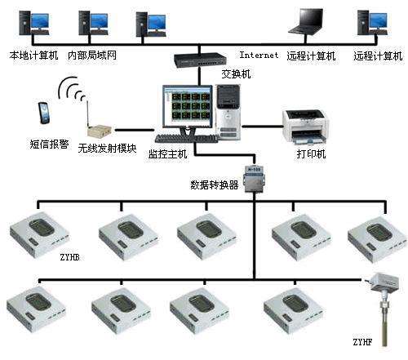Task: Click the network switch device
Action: click(x=200, y=60)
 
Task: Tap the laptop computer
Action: click(x=306, y=21)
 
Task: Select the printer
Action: click(x=305, y=127)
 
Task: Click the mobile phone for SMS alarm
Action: click(x=44, y=113)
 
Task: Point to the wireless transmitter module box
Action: click(x=99, y=131)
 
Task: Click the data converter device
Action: click(x=254, y=178)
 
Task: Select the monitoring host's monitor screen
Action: click(x=187, y=107)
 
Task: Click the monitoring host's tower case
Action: click(x=228, y=112)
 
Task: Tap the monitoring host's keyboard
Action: click(x=186, y=139)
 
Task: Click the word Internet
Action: click(x=259, y=55)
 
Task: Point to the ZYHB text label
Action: click(x=70, y=257)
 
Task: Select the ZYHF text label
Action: click(x=362, y=342)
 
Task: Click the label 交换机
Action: click(x=236, y=74)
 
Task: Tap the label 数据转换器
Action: click(x=215, y=185)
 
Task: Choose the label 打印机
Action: click(x=311, y=154)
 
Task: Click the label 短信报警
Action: click(x=49, y=144)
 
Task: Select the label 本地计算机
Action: click(x=34, y=56)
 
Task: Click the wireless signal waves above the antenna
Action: click(x=71, y=89)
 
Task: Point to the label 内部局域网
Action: click(x=92, y=56)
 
